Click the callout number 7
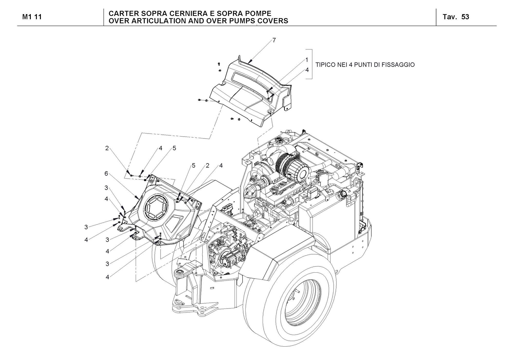pos(274,40)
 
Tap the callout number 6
pos(106,174)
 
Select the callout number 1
pos(307,60)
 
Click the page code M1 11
pos(32,17)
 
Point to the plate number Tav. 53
pos(456,17)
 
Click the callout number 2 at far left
pos(107,148)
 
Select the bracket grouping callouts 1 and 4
pos(311,64)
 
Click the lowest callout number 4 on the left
pos(107,277)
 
